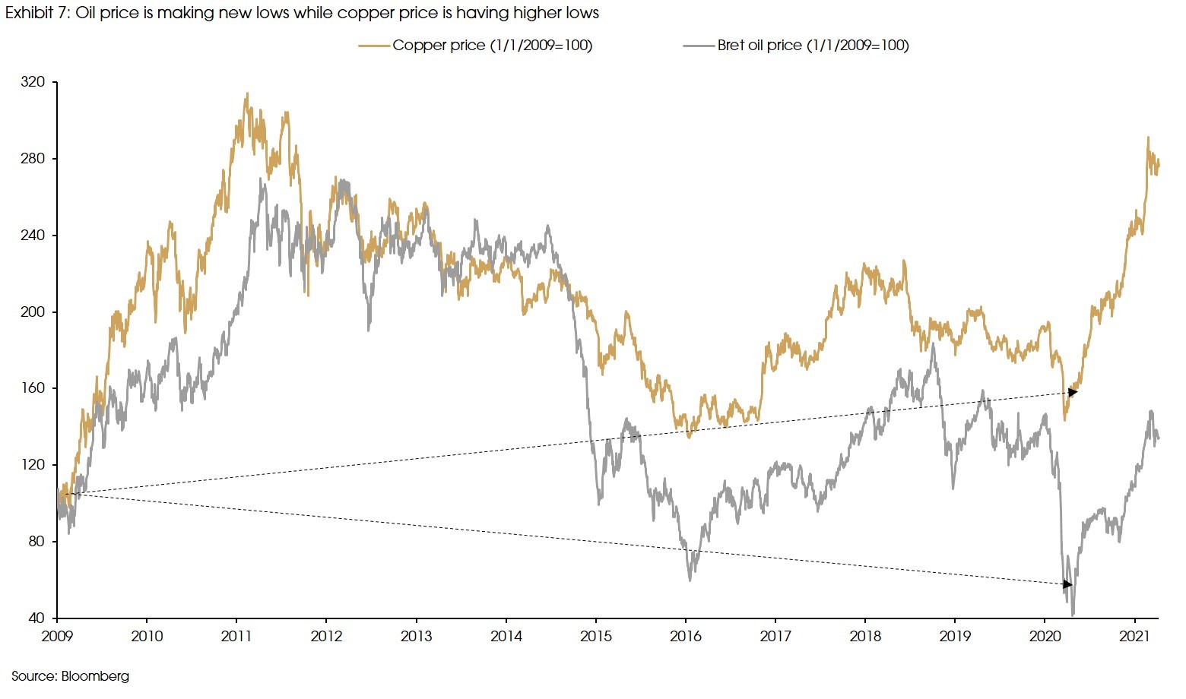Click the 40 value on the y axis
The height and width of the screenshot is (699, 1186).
click(x=38, y=618)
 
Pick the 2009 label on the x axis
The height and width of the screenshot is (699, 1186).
click(x=57, y=636)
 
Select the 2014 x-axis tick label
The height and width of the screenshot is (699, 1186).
click(x=506, y=636)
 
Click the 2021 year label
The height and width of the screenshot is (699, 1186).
click(x=1134, y=636)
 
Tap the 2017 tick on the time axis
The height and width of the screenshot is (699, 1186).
click(x=775, y=636)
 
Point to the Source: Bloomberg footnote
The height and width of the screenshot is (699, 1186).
click(x=70, y=676)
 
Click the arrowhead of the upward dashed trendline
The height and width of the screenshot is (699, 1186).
click(x=1073, y=392)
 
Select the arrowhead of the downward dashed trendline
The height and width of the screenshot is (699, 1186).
click(x=1067, y=584)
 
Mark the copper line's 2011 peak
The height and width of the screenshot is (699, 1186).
click(x=246, y=94)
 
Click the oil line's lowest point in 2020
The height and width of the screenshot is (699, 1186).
click(x=1073, y=615)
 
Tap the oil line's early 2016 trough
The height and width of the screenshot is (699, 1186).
click(x=690, y=580)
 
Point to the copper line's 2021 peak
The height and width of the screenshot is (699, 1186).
click(x=1148, y=138)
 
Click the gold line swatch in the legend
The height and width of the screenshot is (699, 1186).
click(x=375, y=46)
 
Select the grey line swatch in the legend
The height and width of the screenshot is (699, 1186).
click(x=699, y=46)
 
